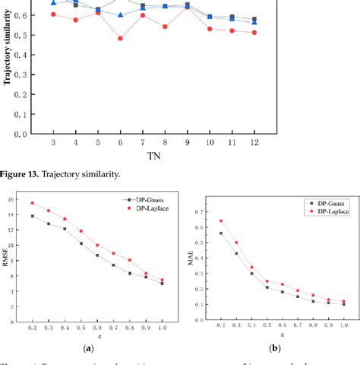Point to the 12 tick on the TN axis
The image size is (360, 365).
[x=254, y=143]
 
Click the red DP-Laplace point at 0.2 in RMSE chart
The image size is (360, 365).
[x=32, y=203]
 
